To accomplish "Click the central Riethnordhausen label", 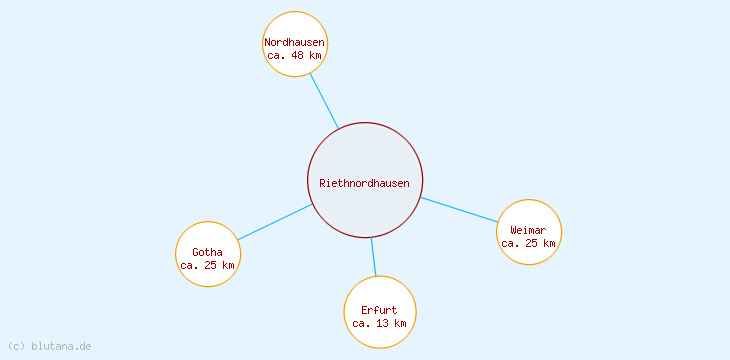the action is point(364,183).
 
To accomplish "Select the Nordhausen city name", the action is point(294,42).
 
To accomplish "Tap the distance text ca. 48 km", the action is point(294,55).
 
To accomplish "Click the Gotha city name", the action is point(207,251).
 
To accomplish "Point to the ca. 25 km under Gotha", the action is point(207,265).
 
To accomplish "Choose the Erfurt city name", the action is point(379,310).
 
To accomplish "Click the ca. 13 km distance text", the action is point(379,323).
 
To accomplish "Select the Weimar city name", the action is point(528,230).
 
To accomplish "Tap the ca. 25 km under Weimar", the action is point(528,243).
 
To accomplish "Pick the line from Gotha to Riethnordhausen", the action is point(275,222).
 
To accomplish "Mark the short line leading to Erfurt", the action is point(373,256).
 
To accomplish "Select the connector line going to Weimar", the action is point(460,210).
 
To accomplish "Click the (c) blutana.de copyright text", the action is point(49,346).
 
